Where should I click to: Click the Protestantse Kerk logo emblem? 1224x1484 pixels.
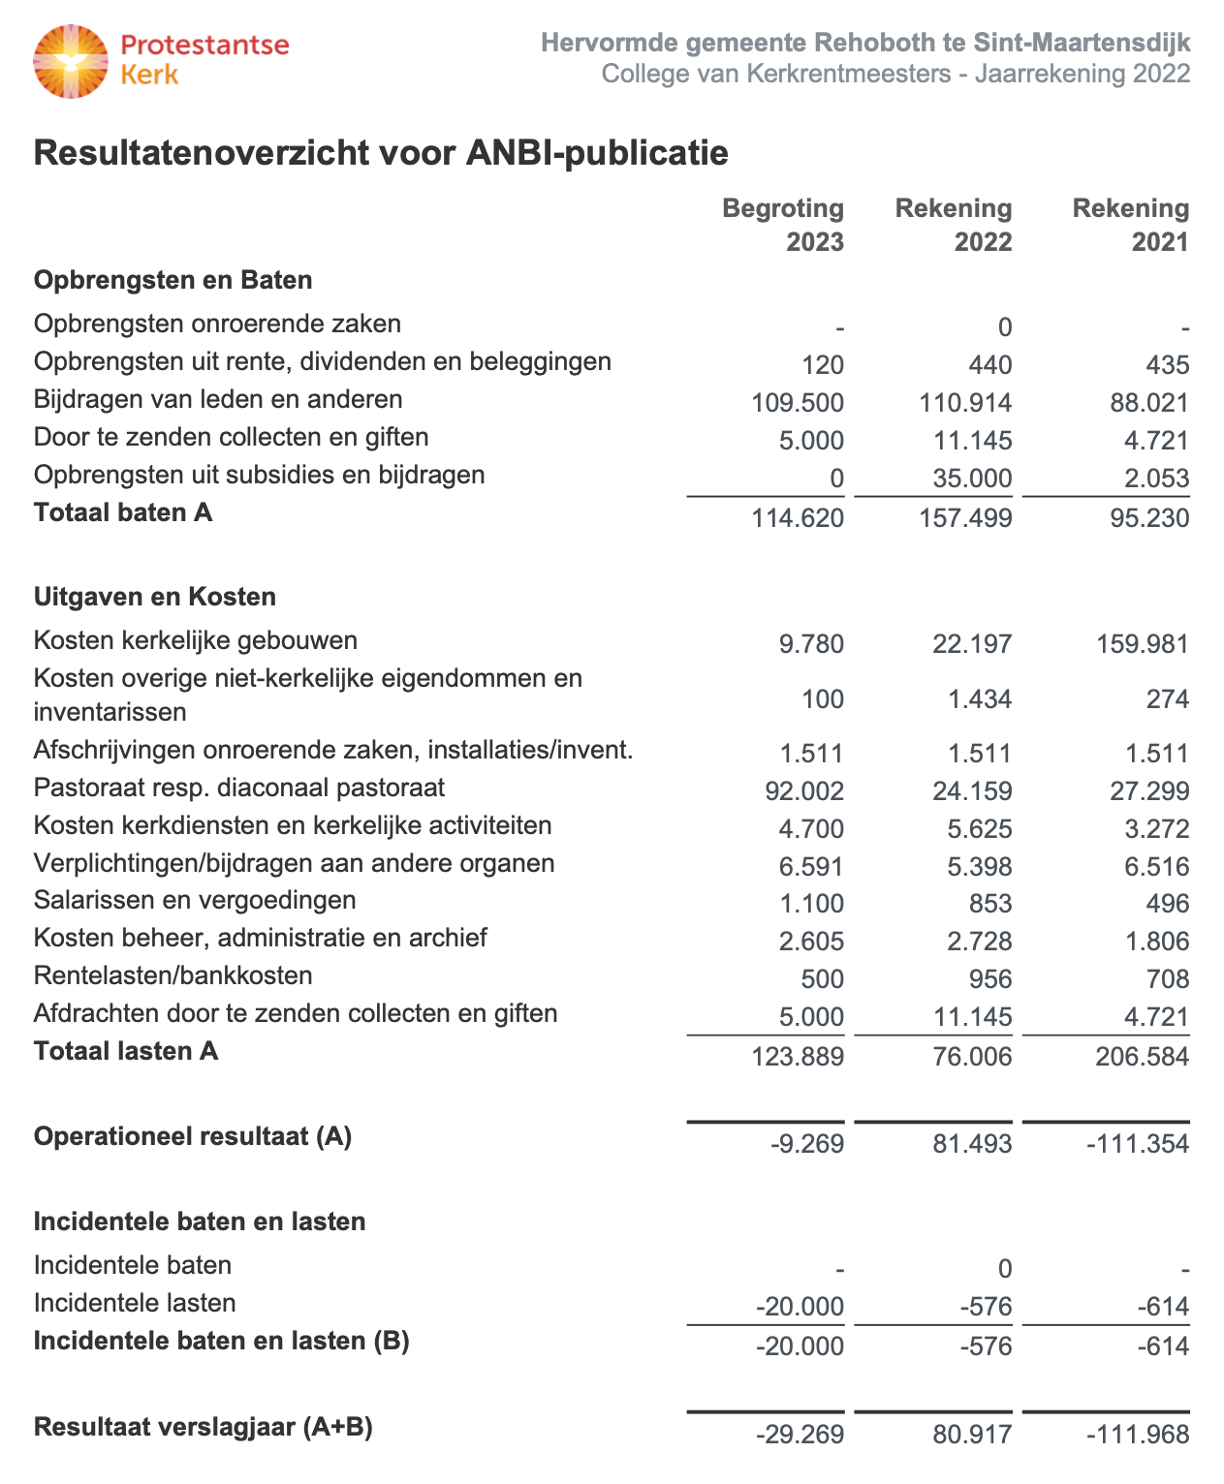pos(70,61)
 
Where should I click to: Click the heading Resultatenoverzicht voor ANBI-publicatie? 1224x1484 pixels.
pos(380,153)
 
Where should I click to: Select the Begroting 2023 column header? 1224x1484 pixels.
pos(783,225)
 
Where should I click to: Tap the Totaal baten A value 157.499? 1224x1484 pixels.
pos(965,518)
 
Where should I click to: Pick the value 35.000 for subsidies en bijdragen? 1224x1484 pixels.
pos(972,479)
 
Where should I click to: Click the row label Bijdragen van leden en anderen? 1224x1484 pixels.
pos(218,399)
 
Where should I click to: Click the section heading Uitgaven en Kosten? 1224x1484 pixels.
pos(155,597)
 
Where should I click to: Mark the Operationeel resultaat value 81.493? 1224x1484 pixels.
pos(972,1144)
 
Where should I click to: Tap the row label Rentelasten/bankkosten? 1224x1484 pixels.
pos(173,975)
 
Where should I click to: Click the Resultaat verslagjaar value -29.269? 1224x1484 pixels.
pos(800,1434)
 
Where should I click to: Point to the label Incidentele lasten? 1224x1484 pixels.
pos(135,1303)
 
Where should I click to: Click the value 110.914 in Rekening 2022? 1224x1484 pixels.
pos(965,403)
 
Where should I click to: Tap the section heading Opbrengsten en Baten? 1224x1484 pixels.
pos(173,280)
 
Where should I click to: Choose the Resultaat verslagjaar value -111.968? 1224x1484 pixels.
pos(1138,1434)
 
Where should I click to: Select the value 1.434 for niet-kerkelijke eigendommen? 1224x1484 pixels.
pos(980,699)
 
